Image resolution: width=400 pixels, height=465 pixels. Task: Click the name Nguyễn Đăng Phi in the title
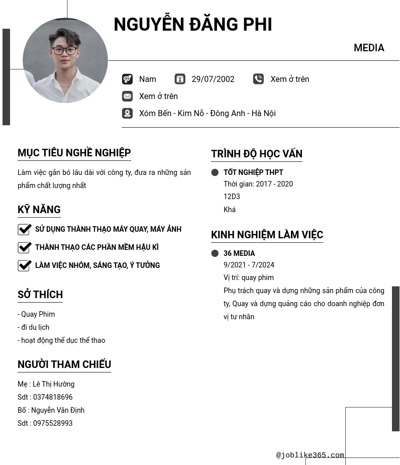(x=192, y=25)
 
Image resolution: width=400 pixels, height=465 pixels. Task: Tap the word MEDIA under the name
(x=369, y=48)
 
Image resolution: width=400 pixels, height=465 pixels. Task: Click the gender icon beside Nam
(x=127, y=79)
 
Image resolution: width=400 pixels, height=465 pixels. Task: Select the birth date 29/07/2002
(x=213, y=79)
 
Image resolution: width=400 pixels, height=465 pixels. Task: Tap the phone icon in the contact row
(x=258, y=79)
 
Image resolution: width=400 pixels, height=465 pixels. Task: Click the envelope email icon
(x=127, y=96)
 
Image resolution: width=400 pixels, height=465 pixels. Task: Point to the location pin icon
(x=127, y=113)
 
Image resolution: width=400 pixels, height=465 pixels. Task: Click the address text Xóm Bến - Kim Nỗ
(x=207, y=113)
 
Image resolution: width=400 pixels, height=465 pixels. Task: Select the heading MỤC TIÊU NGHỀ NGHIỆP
(x=74, y=153)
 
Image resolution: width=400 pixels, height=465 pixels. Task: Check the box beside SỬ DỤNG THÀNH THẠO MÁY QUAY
(x=25, y=229)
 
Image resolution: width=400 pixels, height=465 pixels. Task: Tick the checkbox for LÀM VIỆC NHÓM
(x=25, y=265)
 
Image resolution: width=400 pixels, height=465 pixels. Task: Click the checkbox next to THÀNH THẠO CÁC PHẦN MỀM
(x=25, y=247)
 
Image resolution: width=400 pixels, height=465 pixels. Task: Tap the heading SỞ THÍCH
(x=40, y=295)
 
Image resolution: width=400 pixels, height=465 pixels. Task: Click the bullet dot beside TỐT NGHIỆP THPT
(x=215, y=172)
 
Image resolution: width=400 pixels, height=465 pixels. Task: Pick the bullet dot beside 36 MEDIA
(x=215, y=253)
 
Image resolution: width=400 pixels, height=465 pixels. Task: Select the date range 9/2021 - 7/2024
(x=249, y=265)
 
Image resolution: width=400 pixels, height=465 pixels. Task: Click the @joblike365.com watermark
(x=310, y=455)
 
